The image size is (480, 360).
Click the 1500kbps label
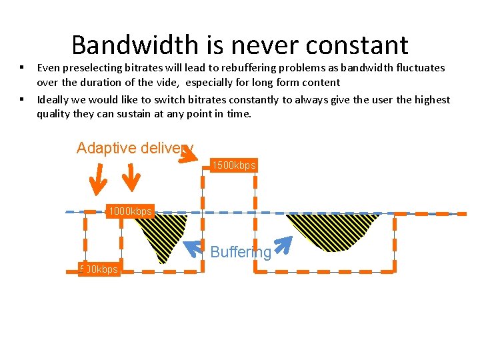coord(233,165)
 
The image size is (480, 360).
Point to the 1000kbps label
coord(130,211)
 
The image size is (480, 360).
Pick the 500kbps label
coord(99,269)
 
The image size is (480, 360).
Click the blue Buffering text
coord(241,252)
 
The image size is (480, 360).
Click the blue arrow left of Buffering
coord(193,249)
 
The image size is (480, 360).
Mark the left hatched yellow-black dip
coord(162,233)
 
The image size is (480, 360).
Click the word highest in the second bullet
coord(431,99)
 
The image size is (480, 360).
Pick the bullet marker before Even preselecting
coord(22,67)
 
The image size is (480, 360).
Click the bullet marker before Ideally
coord(22,99)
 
